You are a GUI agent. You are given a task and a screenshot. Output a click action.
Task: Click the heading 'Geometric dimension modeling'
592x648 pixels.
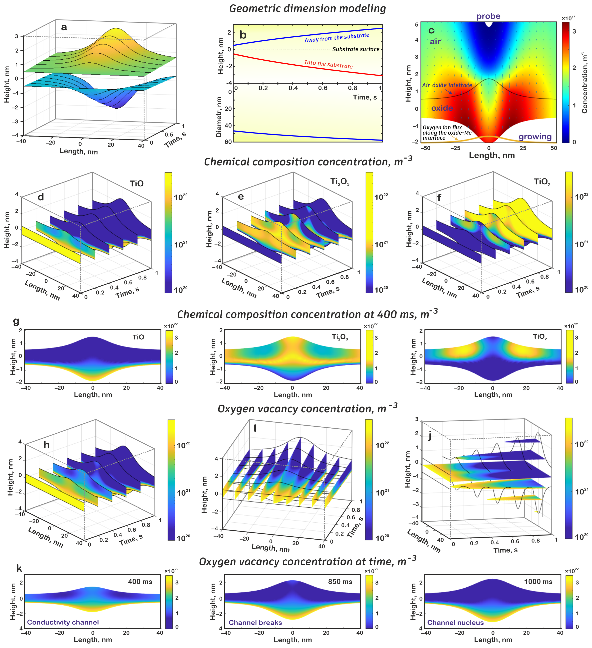[307, 9]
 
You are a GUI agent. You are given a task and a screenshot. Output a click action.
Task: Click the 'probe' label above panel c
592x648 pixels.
[488, 16]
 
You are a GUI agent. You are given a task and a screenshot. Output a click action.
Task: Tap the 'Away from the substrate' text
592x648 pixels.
[337, 38]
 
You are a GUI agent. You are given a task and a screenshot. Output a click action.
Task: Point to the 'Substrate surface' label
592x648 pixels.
[356, 49]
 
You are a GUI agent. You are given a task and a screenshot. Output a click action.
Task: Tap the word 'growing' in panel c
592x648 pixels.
[535, 137]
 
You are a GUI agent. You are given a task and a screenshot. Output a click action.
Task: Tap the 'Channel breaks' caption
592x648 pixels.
[255, 622]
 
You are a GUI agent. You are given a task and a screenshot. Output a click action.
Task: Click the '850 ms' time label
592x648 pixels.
[340, 581]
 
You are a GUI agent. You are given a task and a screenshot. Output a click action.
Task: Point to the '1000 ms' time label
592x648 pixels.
[538, 581]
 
